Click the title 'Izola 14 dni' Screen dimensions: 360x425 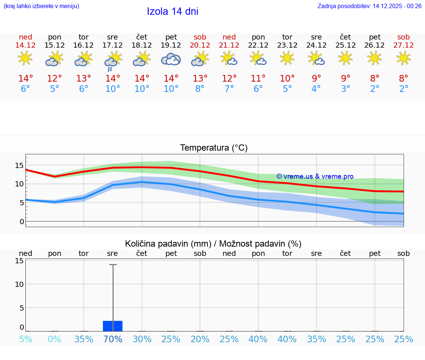coord(172,11)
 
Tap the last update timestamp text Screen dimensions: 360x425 coord(369,6)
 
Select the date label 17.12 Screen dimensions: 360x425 coord(113,45)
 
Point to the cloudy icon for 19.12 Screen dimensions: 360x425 coord(171,59)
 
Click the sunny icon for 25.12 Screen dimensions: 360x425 coord(345,58)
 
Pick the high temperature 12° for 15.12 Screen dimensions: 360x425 coord(55,78)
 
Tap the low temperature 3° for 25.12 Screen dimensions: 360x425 coord(345,89)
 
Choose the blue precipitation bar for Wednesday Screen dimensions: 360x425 coord(113,326)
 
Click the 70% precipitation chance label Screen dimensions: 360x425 coord(113,339)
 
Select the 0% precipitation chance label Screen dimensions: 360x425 coord(55,339)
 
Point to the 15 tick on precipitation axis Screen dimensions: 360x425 coord(19,261)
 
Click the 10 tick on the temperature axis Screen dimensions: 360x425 coord(19,184)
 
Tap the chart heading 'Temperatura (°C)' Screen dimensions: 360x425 coord(214,148)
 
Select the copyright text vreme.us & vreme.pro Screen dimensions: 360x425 coord(315,176)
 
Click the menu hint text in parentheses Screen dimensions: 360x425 coord(41,6)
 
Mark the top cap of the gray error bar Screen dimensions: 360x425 coord(113,264)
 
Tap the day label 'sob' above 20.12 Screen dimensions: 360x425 coord(200,37)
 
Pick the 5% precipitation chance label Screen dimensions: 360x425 coord(25,339)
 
